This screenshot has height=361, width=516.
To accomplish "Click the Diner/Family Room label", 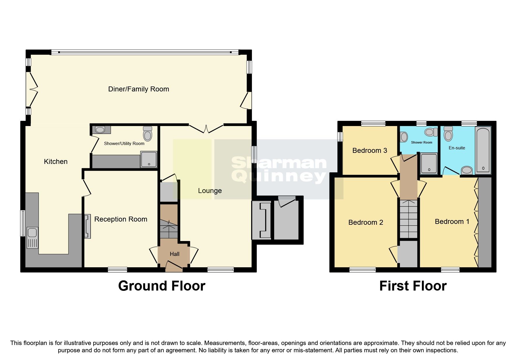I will point(138,89).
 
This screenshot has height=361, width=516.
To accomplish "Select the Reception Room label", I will point(121,219).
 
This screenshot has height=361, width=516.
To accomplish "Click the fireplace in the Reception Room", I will point(87,226).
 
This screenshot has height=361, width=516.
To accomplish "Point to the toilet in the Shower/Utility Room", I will point(148,134).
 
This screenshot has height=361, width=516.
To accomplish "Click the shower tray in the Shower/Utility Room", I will point(149,159).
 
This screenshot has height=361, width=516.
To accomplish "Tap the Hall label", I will point(175,254).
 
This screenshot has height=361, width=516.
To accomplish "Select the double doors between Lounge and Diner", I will point(206,128).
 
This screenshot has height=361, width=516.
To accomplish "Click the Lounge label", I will point(210,191).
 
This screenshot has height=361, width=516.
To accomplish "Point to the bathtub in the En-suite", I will point(483,150).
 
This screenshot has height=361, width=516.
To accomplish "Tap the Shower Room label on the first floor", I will point(421,142).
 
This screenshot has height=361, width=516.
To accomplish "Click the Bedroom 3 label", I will point(369,151).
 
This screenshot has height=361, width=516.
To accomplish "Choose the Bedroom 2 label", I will point(365,222).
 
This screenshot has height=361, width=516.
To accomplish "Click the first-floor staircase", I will point(408,219).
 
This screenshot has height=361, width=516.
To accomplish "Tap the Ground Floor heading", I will point(162,286).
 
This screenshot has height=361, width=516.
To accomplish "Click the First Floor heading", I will point(413,286).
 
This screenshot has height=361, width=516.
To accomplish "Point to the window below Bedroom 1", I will point(450,270).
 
